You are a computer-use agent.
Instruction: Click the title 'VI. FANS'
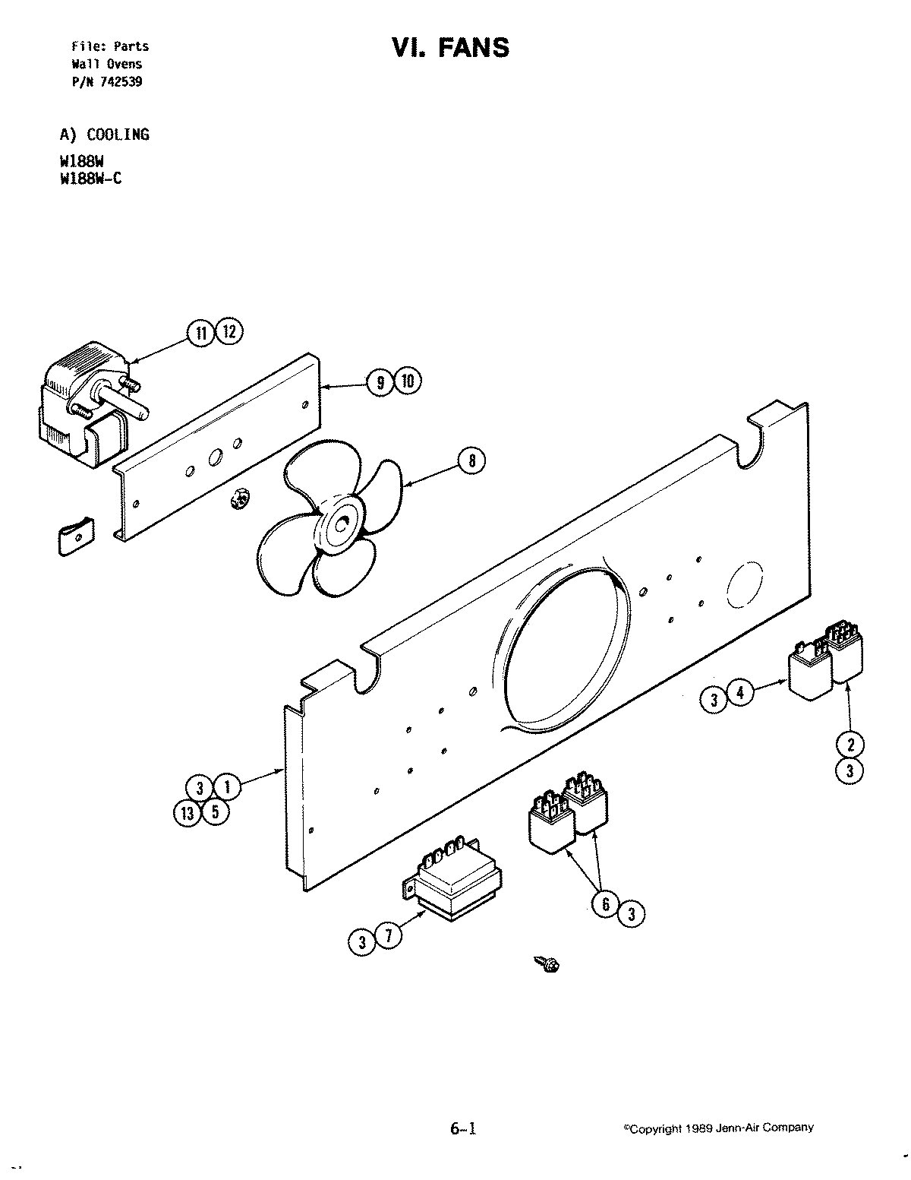click(x=450, y=48)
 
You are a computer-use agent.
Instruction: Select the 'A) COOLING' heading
click(x=105, y=134)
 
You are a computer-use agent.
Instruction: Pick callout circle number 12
click(x=229, y=332)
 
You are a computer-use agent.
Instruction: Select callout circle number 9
click(x=379, y=381)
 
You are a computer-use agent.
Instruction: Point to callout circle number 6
click(x=605, y=905)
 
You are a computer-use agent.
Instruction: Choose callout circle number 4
click(x=741, y=692)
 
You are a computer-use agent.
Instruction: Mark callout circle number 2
click(x=850, y=743)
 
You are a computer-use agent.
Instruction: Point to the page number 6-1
click(x=462, y=1128)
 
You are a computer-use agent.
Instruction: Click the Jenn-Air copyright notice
click(x=717, y=1128)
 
